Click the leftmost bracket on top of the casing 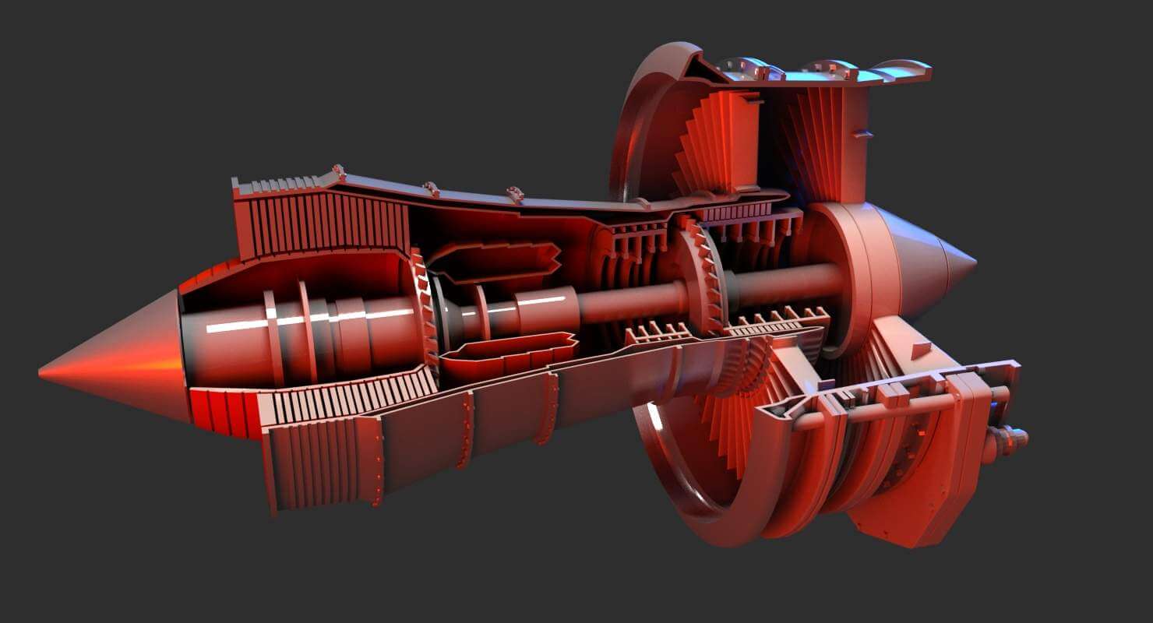coord(338,171)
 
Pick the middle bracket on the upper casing coord(430,188)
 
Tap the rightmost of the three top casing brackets coord(514,193)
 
